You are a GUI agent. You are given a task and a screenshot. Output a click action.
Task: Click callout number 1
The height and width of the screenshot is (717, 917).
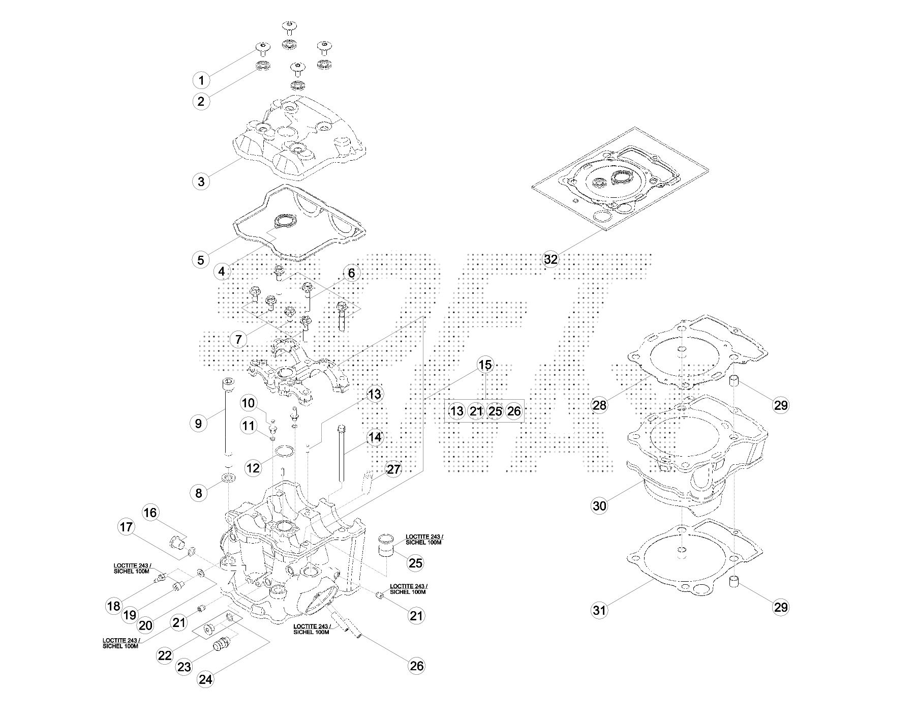[x=201, y=80]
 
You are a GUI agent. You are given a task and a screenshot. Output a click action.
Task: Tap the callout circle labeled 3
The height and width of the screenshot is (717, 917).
[x=201, y=181]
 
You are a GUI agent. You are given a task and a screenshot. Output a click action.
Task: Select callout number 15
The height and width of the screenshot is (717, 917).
[x=485, y=365]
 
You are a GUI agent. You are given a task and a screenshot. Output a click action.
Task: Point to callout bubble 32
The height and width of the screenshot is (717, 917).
[x=551, y=259]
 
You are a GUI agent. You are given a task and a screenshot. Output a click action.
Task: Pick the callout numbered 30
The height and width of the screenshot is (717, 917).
[x=600, y=505]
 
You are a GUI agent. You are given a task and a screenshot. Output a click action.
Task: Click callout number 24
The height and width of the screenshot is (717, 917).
[x=205, y=680]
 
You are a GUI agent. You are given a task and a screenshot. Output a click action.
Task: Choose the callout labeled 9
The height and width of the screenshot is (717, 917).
[x=198, y=423]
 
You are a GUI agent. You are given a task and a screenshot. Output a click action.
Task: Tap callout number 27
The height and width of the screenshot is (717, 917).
[x=394, y=469]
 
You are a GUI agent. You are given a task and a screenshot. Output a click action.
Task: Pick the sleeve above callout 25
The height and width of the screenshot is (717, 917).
[x=387, y=544]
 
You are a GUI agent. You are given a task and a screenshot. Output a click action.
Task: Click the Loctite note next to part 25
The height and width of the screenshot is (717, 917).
[x=424, y=540]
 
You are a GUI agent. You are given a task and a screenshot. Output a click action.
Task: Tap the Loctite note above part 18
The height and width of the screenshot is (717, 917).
[x=132, y=568]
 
